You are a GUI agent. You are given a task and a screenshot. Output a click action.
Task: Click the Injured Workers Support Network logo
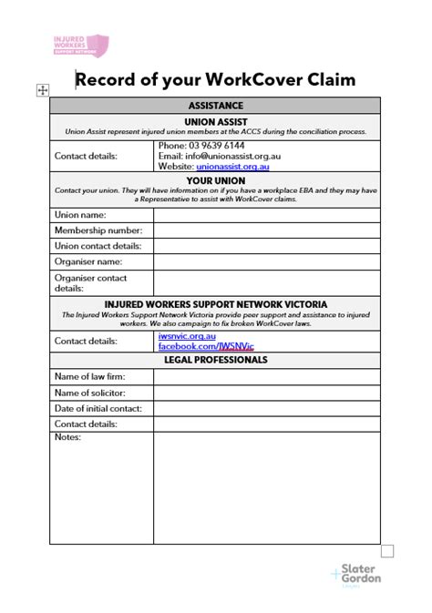[x=80, y=45]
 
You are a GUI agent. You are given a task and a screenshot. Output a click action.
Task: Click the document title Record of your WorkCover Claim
[x=215, y=79]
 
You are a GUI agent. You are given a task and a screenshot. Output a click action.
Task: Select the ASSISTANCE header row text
[x=216, y=106]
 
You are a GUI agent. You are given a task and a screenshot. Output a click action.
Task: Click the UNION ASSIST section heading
[x=216, y=120]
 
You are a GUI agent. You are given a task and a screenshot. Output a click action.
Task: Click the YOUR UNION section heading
[x=216, y=180]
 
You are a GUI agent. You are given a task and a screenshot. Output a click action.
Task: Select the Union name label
[x=80, y=215]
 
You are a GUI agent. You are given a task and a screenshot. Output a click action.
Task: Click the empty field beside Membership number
[x=266, y=230]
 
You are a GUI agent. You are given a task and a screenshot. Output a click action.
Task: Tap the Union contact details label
[x=98, y=246]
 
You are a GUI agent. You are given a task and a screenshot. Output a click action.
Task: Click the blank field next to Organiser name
[x=266, y=261]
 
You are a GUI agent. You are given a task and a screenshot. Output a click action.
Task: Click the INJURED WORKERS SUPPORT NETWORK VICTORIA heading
[x=216, y=304]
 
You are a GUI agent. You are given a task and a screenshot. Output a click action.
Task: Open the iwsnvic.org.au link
[x=187, y=336]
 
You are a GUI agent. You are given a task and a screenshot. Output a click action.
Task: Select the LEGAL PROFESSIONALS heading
[x=216, y=360]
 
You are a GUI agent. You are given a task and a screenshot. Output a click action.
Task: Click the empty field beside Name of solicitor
[x=266, y=393]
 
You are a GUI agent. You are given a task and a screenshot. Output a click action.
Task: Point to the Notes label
[x=67, y=438]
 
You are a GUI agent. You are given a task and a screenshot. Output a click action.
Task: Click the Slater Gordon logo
[x=356, y=575]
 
